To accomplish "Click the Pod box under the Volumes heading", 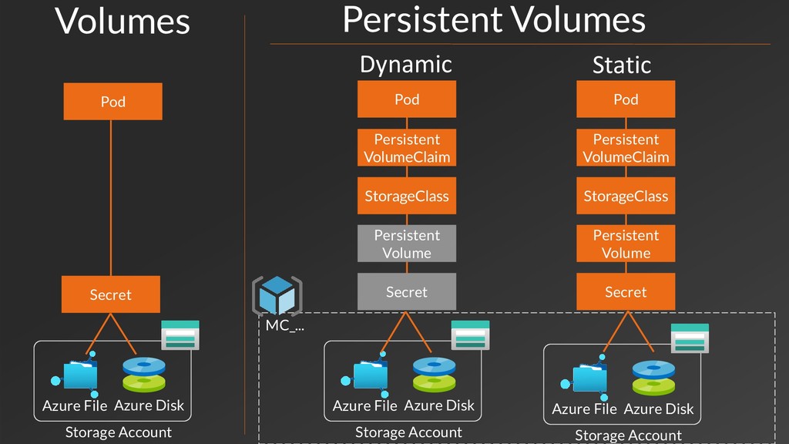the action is (x=112, y=101).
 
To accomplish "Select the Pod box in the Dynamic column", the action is (x=407, y=99).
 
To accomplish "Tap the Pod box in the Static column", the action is (x=626, y=99).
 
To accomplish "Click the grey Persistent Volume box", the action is (x=407, y=244).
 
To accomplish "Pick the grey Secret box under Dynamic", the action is (x=407, y=291).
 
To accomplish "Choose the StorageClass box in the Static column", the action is (x=626, y=196).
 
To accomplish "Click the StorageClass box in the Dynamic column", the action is (x=407, y=196).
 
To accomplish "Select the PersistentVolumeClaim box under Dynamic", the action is (x=407, y=147).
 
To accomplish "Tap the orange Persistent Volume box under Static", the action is (x=626, y=244).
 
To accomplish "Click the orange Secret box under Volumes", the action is (x=111, y=294).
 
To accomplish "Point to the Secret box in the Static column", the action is (x=626, y=291).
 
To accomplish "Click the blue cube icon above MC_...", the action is (x=277, y=295).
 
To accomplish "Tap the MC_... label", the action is (x=285, y=325).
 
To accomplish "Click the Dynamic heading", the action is (x=405, y=65).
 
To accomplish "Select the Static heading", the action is (x=622, y=65).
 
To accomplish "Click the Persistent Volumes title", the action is (x=494, y=19).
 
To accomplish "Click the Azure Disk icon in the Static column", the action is (x=653, y=378).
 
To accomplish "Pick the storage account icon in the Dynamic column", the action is (x=470, y=335).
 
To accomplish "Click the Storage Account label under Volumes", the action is (x=118, y=432).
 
